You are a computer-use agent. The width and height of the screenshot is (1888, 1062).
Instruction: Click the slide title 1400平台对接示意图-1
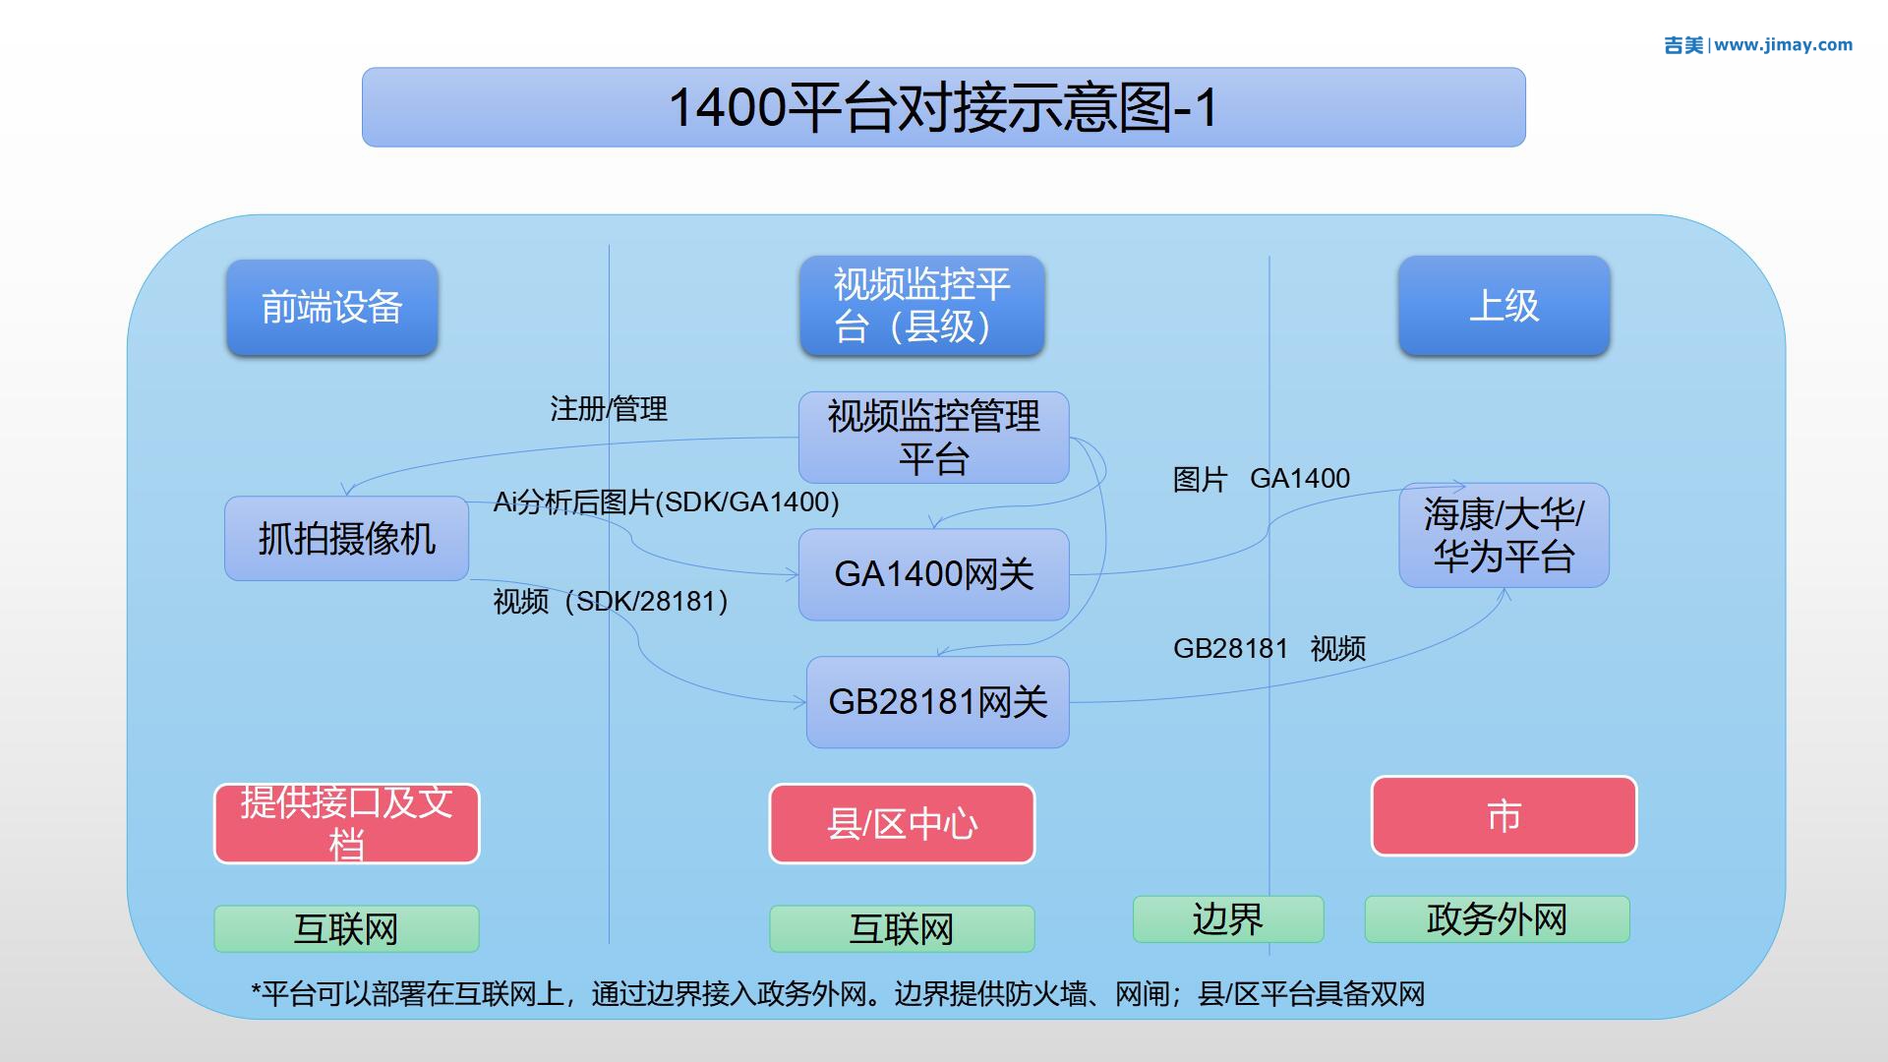click(943, 107)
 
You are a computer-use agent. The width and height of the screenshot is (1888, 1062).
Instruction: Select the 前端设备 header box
click(332, 307)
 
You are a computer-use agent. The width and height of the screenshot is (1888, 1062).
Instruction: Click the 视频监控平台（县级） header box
click(921, 306)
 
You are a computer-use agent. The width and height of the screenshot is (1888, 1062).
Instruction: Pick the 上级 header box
click(1504, 306)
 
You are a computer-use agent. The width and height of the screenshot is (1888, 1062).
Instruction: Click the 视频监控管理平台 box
click(933, 438)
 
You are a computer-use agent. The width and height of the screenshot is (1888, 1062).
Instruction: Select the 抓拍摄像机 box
click(346, 539)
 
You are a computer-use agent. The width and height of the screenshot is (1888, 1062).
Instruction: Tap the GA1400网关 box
click(933, 574)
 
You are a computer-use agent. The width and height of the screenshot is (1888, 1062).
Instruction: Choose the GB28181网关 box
click(937, 702)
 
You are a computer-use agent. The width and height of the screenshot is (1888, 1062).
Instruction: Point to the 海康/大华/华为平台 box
click(1504, 535)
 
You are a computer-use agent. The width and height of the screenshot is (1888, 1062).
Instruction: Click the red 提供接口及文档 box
click(346, 824)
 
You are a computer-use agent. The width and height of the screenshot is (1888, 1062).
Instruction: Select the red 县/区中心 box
click(902, 824)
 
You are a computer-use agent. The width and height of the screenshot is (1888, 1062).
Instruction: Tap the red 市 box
click(1504, 816)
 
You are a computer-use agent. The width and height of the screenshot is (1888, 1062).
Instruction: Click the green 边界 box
click(1228, 919)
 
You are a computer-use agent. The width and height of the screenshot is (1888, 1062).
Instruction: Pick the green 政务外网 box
click(1497, 919)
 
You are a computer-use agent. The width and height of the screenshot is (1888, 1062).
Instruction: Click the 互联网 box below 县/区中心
click(902, 929)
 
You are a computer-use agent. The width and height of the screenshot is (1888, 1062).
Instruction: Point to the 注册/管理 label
click(609, 409)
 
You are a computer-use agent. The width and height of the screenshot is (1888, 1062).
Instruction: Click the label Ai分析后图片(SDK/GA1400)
click(666, 502)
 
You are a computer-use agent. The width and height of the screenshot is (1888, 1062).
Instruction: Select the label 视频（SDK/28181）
click(611, 601)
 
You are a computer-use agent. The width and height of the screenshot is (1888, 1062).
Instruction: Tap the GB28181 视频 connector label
click(1269, 649)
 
